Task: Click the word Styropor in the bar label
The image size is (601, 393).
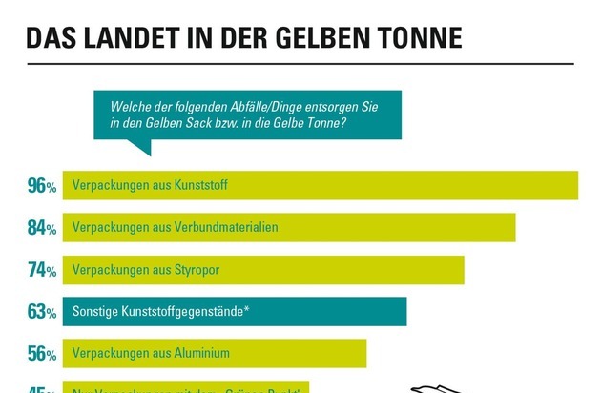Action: (x=197, y=270)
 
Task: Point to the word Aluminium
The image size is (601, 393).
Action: (x=202, y=353)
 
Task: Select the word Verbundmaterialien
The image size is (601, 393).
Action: (x=226, y=227)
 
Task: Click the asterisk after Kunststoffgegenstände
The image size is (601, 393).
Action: (x=247, y=308)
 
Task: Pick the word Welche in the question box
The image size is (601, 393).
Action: (x=131, y=108)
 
